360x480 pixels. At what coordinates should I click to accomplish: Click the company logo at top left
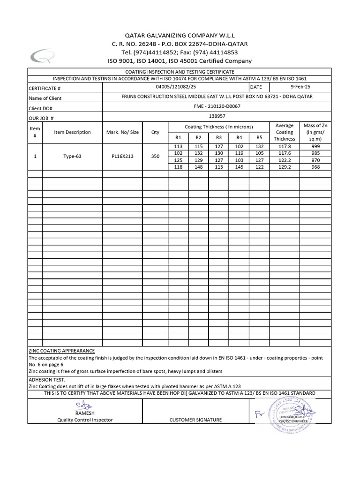43,56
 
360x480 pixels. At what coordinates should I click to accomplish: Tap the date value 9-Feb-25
301,87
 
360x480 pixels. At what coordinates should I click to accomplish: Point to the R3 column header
219,137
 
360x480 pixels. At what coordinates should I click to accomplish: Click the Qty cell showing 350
155,156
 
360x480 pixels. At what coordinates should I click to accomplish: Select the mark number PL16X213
122,156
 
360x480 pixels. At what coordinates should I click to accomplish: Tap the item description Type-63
72,156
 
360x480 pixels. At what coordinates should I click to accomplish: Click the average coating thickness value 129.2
284,167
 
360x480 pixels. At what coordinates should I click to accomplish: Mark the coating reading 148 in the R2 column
198,167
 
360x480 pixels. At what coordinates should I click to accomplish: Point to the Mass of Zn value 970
315,160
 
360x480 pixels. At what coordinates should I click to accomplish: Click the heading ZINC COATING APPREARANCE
62,351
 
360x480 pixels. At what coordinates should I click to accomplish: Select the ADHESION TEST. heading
47,379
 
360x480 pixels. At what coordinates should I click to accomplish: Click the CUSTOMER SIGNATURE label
196,420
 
